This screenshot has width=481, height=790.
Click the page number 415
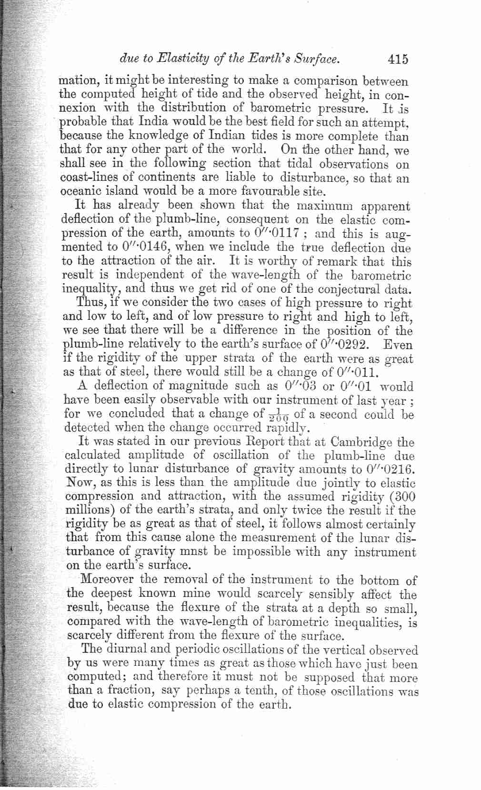tap(398, 59)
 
